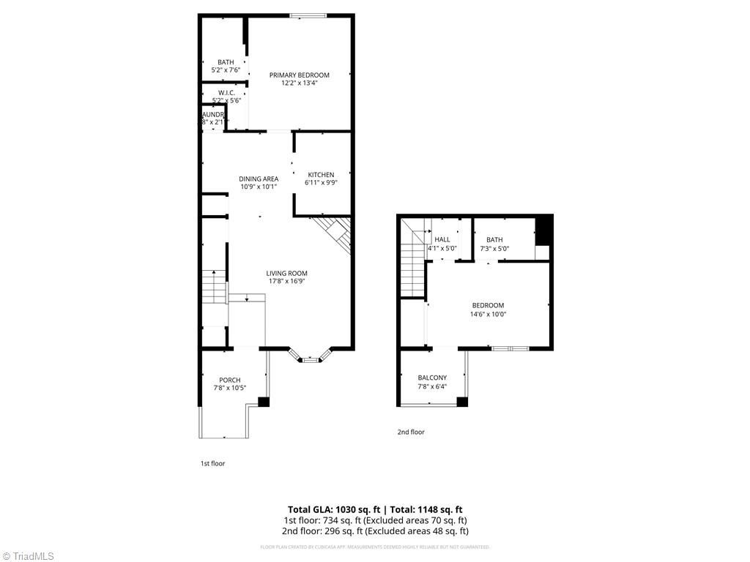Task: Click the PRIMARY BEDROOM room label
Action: point(299,75)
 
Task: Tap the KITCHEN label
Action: point(320,175)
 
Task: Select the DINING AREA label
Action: point(259,179)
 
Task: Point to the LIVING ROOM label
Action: point(286,273)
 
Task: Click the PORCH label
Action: point(229,380)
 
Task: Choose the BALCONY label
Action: point(432,378)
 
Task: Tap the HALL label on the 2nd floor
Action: point(442,239)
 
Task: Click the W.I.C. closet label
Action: point(226,92)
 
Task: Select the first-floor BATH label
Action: point(226,61)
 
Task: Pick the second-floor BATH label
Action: point(494,239)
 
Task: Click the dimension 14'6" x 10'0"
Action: point(488,314)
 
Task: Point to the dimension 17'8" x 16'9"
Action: point(286,281)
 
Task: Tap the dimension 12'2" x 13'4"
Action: point(299,83)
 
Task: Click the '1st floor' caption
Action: point(212,463)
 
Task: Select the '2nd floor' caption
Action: point(411,432)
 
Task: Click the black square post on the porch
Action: point(264,402)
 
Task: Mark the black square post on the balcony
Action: point(462,402)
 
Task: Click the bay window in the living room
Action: point(311,358)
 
